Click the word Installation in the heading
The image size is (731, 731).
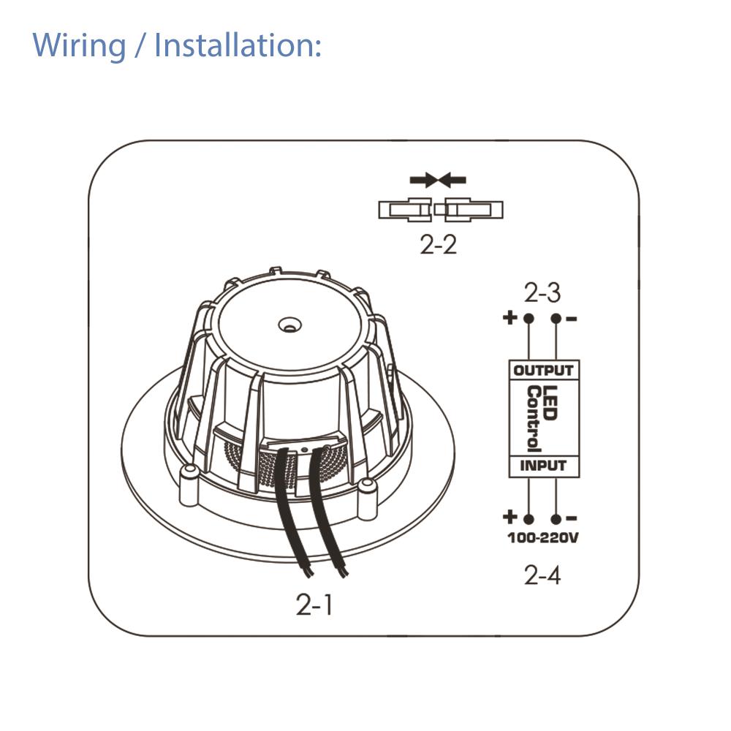[x=238, y=45]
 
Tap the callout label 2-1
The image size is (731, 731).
[x=314, y=605]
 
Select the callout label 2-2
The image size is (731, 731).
[x=439, y=245]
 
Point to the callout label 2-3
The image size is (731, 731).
[x=542, y=293]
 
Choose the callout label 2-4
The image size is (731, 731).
[x=542, y=575]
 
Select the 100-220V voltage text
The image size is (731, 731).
[x=543, y=539]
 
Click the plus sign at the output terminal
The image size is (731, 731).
[x=510, y=318]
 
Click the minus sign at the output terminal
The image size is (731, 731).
[x=572, y=318]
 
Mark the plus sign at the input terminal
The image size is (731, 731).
[x=510, y=518]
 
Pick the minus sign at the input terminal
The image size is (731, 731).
[x=572, y=518]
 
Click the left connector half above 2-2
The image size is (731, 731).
[x=405, y=211]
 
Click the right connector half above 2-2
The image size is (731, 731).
[x=473, y=211]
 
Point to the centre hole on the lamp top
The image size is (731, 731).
[x=290, y=321]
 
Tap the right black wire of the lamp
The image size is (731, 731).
[x=325, y=512]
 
